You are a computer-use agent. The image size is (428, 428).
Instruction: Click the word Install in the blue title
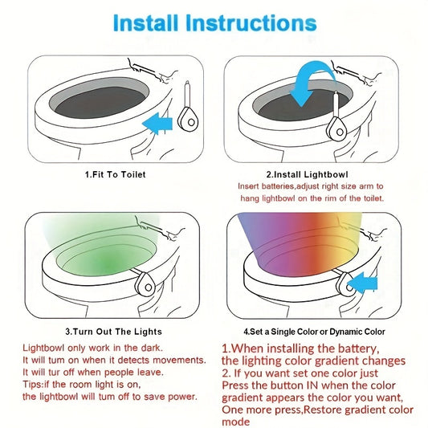(x=145, y=22)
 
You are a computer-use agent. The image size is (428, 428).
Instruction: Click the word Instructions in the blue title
(x=251, y=22)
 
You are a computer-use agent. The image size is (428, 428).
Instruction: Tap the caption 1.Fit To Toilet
(x=115, y=174)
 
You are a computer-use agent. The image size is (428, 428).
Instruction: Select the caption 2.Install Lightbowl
(x=307, y=174)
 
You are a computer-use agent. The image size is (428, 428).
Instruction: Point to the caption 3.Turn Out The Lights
(x=113, y=332)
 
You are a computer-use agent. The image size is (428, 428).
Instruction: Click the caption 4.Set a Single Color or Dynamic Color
(x=314, y=332)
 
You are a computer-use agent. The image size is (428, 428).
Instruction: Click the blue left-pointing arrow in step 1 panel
(x=157, y=124)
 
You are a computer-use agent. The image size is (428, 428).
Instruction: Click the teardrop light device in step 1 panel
(x=188, y=109)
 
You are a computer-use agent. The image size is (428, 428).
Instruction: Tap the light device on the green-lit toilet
(x=145, y=285)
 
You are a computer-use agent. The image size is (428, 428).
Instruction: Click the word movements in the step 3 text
(x=179, y=361)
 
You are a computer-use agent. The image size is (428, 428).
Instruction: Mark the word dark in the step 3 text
(x=152, y=348)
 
